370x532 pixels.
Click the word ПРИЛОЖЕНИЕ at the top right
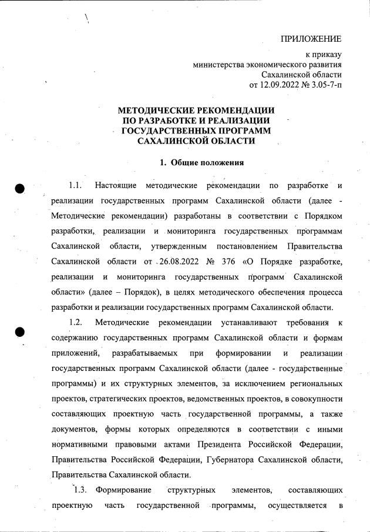311,39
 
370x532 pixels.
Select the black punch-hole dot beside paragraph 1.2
19,332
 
